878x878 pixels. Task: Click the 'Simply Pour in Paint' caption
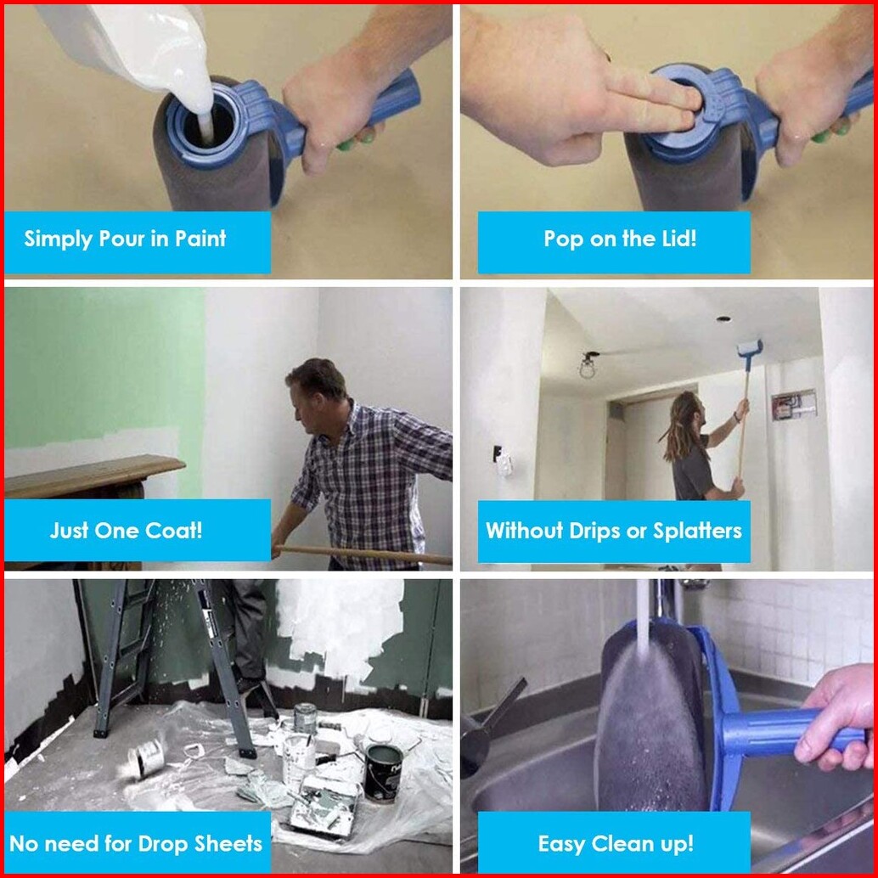[125, 239]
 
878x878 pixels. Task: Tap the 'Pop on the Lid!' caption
[620, 239]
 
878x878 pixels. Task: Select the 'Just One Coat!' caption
[126, 530]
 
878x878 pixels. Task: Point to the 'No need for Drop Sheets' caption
[136, 843]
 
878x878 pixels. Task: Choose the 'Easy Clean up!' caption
[616, 844]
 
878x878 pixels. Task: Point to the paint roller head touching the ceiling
[750, 348]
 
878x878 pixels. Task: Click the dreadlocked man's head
[690, 408]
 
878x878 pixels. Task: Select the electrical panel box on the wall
[793, 405]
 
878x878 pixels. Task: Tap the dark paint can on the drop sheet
[384, 773]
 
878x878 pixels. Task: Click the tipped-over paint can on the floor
[145, 757]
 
